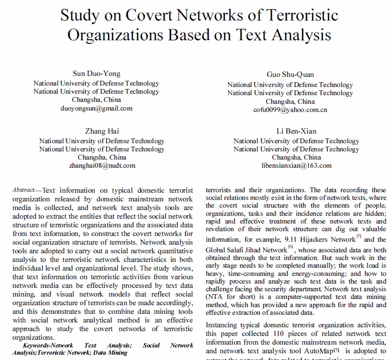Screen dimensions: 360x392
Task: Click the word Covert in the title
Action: [x=151, y=15]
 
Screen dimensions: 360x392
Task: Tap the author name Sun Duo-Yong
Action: [x=96, y=74]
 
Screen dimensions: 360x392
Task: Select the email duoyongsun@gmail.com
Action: [x=96, y=108]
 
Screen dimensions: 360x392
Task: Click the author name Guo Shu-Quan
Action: [x=290, y=74]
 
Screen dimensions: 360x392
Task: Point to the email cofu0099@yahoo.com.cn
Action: [x=290, y=110]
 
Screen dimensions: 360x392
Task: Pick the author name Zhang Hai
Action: [x=102, y=131]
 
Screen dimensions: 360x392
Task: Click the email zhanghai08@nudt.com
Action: [x=102, y=165]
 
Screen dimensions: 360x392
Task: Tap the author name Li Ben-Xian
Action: [x=296, y=131]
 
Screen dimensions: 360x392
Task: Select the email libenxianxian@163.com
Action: [x=296, y=165]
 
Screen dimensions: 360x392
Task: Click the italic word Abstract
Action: [x=23, y=190]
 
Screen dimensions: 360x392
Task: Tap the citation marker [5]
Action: [x=359, y=236]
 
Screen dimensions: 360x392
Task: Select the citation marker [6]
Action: [x=291, y=247]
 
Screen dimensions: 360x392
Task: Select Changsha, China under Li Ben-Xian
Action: [x=296, y=157]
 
